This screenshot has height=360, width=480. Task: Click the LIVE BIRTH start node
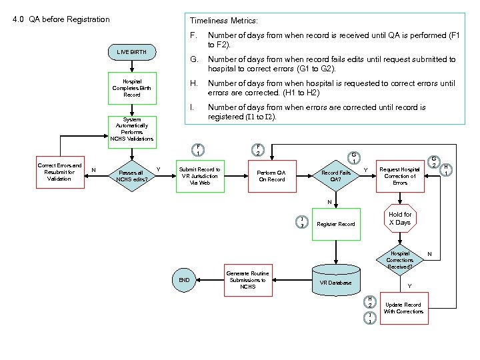click(x=133, y=51)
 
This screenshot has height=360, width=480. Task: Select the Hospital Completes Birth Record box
click(x=132, y=88)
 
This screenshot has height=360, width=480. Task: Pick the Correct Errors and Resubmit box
click(x=59, y=172)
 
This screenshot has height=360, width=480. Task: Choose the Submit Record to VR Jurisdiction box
click(x=199, y=176)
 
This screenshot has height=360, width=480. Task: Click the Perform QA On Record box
click(x=271, y=176)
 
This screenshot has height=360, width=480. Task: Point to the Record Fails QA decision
click(x=336, y=176)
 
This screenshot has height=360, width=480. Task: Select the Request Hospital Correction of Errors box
click(x=400, y=176)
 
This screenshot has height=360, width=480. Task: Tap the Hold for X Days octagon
click(x=400, y=218)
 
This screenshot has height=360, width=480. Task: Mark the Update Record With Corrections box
click(x=403, y=308)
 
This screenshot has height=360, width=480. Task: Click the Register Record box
click(x=336, y=224)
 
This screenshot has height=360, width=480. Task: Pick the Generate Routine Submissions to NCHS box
click(x=247, y=280)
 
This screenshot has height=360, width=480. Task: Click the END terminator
click(x=184, y=281)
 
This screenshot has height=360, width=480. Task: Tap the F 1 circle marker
click(x=198, y=150)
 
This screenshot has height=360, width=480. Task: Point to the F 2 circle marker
click(x=258, y=150)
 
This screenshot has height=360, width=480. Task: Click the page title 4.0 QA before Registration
click(x=61, y=19)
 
